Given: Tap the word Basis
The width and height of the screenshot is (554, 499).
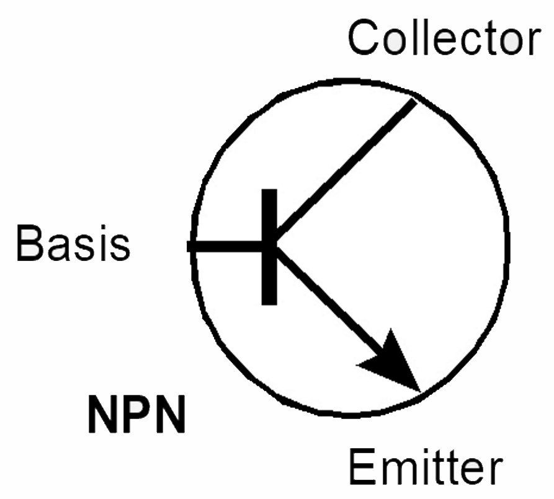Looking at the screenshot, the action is click(x=73, y=243).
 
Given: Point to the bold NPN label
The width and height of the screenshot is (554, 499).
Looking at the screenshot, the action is click(x=136, y=414).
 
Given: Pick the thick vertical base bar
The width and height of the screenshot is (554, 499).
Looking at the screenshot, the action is click(x=269, y=247).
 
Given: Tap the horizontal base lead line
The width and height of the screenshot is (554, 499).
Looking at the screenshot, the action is click(x=225, y=246).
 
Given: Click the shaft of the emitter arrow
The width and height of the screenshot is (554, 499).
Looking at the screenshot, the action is click(x=329, y=300).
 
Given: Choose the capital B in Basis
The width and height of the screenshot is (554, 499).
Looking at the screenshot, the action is click(x=32, y=244).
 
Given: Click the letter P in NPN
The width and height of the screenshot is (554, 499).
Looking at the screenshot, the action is click(x=136, y=414).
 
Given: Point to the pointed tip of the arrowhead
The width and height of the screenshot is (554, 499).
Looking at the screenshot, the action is click(x=421, y=392).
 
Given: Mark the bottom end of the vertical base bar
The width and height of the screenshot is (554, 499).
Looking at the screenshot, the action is click(x=269, y=304).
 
